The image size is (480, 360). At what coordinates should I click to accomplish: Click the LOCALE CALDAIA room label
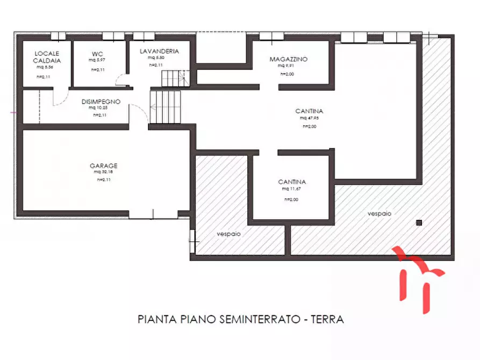(47, 57)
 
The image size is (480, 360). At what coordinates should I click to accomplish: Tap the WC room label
(97, 54)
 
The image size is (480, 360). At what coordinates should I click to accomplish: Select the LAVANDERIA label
(159, 52)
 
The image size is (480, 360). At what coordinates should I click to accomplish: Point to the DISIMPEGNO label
(101, 102)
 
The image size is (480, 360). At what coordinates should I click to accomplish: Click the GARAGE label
(104, 166)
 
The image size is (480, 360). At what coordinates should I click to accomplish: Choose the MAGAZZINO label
(289, 60)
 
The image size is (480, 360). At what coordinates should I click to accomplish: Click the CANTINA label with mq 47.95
(309, 111)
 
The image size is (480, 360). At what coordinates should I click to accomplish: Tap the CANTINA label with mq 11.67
(292, 182)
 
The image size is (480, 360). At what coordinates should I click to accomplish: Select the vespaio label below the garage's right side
(228, 234)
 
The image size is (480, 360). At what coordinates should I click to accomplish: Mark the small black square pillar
(419, 222)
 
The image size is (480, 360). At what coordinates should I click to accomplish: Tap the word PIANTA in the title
(156, 319)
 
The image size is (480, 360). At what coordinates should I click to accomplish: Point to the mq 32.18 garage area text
(103, 172)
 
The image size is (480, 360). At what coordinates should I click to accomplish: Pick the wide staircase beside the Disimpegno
(166, 106)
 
